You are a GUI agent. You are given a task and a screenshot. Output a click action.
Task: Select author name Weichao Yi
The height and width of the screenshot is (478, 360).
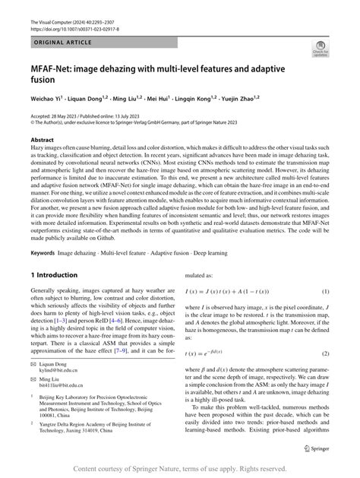coord(45,100)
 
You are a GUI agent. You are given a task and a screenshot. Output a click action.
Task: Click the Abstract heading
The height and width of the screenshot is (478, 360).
coord(42,141)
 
